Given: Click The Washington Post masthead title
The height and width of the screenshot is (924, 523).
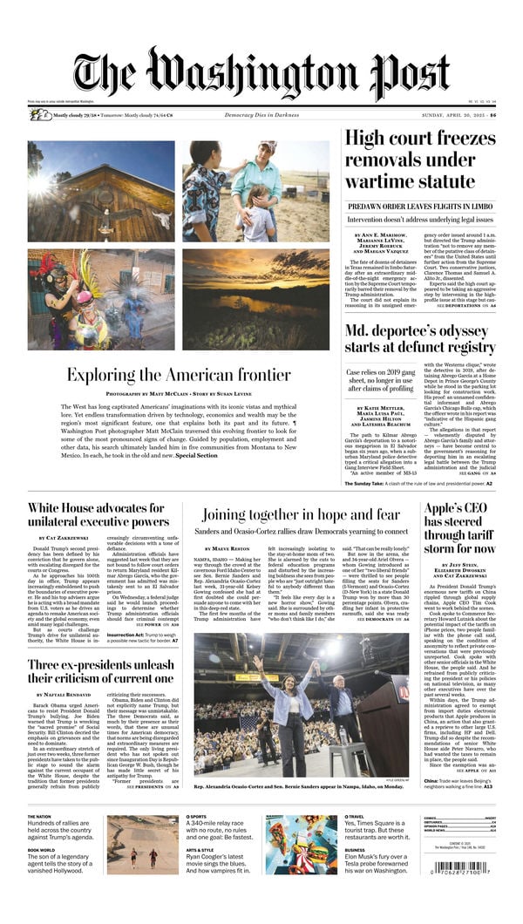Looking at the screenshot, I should click(x=261, y=77).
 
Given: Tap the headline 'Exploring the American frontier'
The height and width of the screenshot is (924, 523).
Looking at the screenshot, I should click(x=179, y=375).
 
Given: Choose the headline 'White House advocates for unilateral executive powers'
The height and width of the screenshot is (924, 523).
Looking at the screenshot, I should click(x=98, y=515).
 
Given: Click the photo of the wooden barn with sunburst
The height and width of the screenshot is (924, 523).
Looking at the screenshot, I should click(x=100, y=192).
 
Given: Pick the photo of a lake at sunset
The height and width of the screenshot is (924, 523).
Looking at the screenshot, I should click(x=255, y=300).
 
